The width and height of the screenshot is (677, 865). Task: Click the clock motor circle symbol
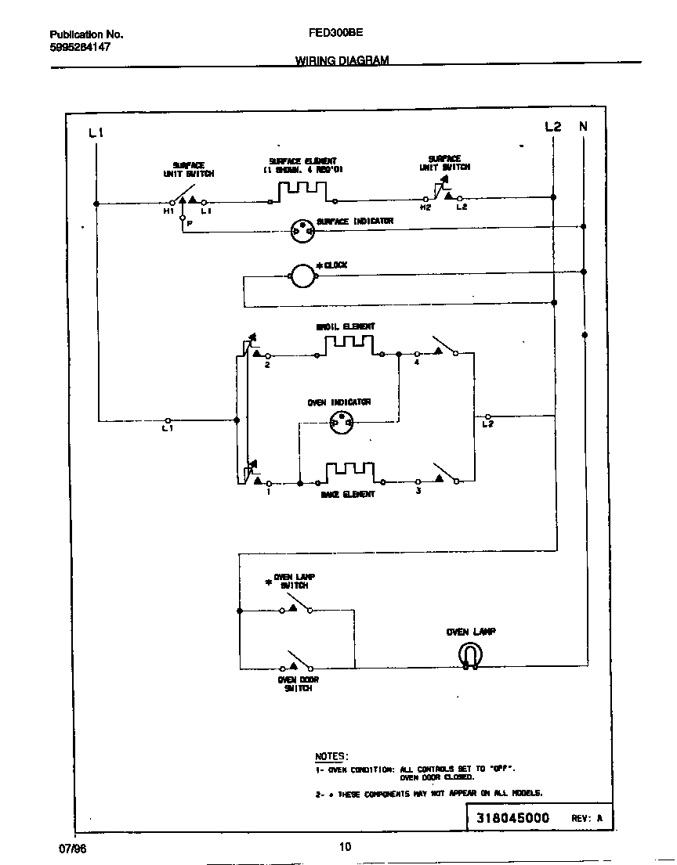302,275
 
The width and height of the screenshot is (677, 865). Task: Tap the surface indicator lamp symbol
302,230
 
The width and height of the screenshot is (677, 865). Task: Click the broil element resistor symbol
349,344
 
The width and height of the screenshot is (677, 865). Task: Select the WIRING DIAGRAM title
342,60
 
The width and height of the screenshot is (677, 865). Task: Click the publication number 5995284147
80,47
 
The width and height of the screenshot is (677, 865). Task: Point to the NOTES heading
330,756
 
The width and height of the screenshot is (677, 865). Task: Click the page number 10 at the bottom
346,845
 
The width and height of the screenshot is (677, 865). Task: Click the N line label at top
583,126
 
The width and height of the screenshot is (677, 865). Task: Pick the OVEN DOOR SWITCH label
298,684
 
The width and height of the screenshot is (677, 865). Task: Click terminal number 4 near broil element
416,363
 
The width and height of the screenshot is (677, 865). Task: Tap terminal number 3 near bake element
418,491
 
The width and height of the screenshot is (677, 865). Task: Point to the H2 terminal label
425,207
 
